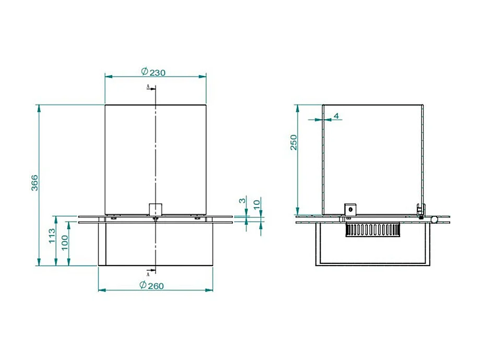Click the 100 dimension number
click(65, 242)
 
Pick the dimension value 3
click(242, 201)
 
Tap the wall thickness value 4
click(336, 115)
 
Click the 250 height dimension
click(294, 143)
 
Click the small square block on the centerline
click(156, 209)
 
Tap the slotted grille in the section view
click(372, 229)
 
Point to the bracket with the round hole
click(349, 209)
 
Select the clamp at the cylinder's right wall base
click(419, 210)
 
